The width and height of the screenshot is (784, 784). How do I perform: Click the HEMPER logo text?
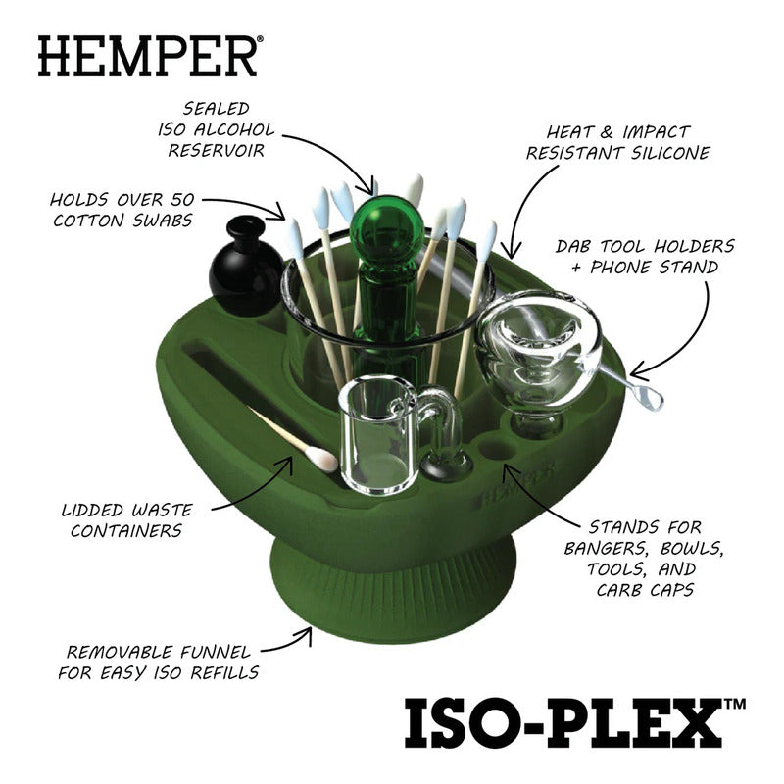(147, 57)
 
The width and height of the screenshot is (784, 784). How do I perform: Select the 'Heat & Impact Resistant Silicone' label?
(618, 142)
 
